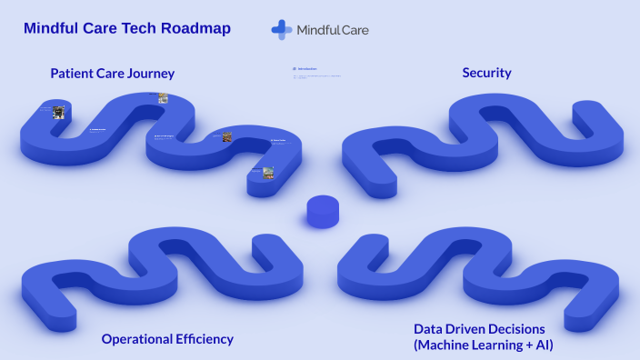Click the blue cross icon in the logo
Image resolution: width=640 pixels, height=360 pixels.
pyautogui.click(x=281, y=29)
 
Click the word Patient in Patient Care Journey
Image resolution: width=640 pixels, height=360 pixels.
pyautogui.click(x=72, y=74)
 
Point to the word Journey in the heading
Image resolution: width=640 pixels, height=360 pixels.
pyautogui.click(x=150, y=74)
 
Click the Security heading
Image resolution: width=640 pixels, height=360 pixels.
pyautogui.click(x=486, y=73)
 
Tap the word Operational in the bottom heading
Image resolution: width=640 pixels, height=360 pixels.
pyautogui.click(x=135, y=339)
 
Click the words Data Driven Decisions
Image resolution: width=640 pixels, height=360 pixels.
pyautogui.click(x=479, y=329)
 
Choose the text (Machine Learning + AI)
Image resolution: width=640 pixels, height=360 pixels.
pyautogui.click(x=483, y=345)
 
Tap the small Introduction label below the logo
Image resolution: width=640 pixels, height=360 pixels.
pyautogui.click(x=306, y=68)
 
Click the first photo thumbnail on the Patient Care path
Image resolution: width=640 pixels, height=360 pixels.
pyautogui.click(x=58, y=112)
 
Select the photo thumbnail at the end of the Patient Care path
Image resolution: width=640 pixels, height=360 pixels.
pyautogui.click(x=268, y=172)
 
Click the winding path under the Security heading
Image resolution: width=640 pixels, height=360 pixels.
pyautogui.click(x=482, y=136)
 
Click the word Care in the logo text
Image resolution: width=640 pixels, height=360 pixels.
pyautogui.click(x=354, y=30)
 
